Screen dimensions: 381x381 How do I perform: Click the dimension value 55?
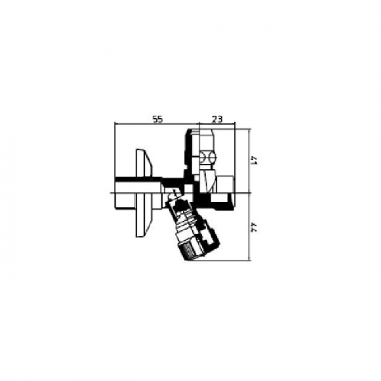pyautogui.click(x=158, y=119)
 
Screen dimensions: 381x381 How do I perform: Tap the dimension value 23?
pyautogui.click(x=216, y=119)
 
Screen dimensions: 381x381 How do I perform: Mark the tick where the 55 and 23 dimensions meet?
pyautogui.click(x=198, y=125)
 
